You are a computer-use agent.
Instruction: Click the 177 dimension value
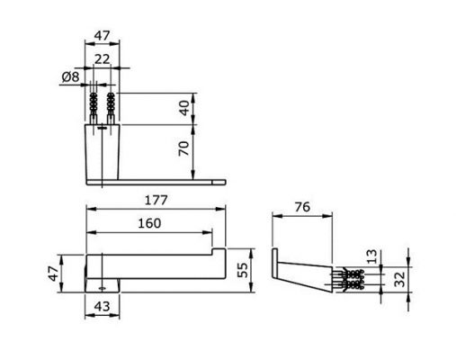pyautogui.click(x=156, y=200)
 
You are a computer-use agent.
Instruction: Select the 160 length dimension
pyautogui.click(x=149, y=223)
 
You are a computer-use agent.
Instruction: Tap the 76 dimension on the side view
pyautogui.click(x=302, y=207)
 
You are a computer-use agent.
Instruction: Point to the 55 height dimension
pyautogui.click(x=243, y=270)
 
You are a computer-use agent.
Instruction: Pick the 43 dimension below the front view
pyautogui.click(x=102, y=306)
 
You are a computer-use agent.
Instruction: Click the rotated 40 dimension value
pyautogui.click(x=184, y=108)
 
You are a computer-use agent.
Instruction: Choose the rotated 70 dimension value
pyautogui.click(x=184, y=148)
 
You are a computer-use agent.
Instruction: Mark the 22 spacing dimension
pyautogui.click(x=103, y=59)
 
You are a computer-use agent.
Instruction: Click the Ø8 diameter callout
pyautogui.click(x=71, y=77)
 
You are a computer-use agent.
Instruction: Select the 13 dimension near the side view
pyautogui.click(x=372, y=256)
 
